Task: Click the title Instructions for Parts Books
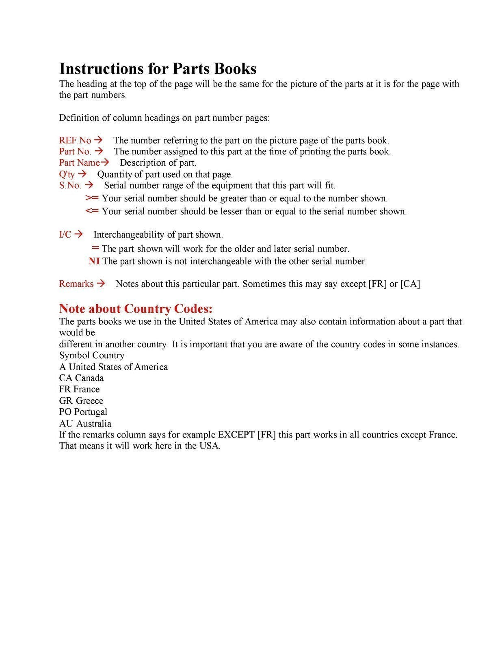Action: (158, 69)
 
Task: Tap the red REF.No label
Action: (75, 141)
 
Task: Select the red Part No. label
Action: (75, 152)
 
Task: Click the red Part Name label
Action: (79, 163)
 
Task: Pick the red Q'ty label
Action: (67, 174)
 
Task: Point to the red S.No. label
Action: (70, 186)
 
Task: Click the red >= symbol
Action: (92, 198)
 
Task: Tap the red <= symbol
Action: (92, 211)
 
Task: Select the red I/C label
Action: (65, 235)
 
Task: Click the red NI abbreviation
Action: (94, 261)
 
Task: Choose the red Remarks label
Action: (76, 284)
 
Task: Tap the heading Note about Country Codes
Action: (136, 309)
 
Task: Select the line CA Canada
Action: (81, 378)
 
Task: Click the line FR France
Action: (79, 389)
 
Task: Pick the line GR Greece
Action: (81, 401)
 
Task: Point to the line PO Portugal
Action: (83, 412)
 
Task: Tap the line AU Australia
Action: (85, 423)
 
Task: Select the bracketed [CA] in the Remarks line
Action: (410, 284)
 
